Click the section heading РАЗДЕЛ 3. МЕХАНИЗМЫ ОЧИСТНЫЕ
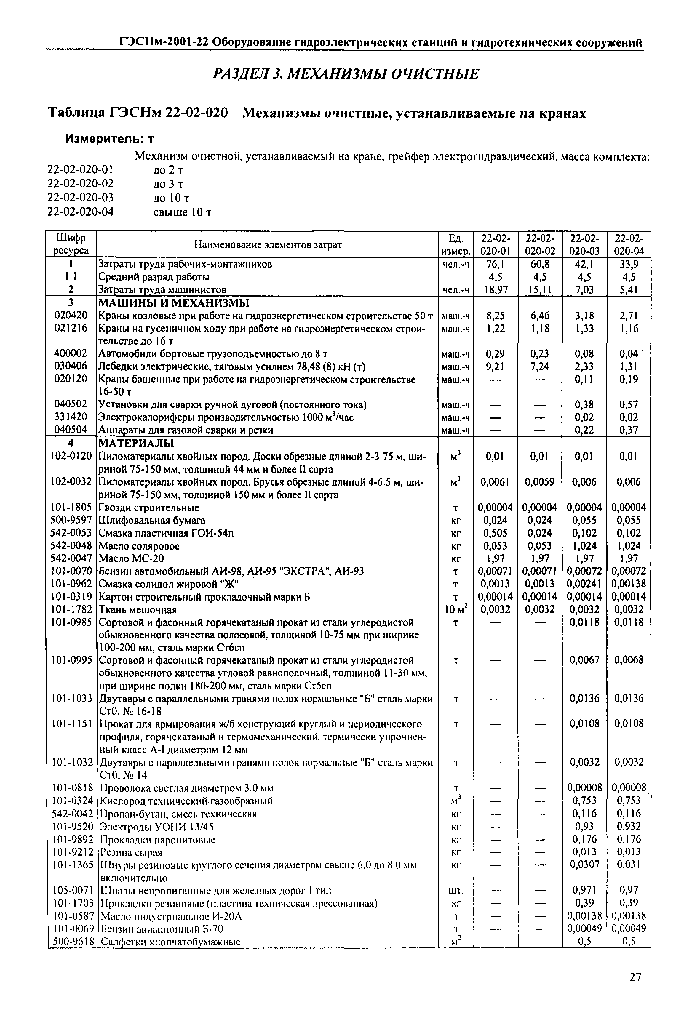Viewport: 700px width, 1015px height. [346, 74]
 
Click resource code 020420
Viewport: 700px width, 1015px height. [71, 315]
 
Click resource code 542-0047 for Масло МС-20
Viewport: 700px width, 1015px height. [71, 558]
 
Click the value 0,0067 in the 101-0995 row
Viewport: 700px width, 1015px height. [584, 660]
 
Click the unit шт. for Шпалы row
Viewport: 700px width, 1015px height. [456, 891]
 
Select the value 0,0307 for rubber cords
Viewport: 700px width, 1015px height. [584, 864]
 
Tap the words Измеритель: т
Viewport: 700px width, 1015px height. [110, 139]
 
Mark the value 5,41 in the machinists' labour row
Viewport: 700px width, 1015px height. [629, 289]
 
